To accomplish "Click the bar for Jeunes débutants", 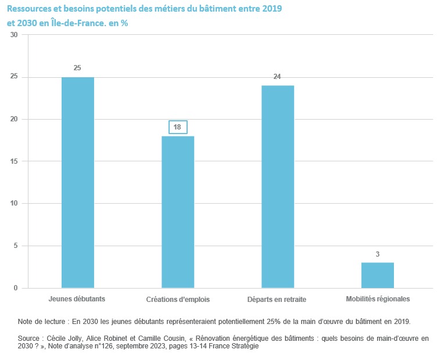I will point(77,182).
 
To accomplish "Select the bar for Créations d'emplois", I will point(178,212).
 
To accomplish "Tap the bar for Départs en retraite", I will point(278,186).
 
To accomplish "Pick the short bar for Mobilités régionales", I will point(378,275).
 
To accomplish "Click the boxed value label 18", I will point(178,127).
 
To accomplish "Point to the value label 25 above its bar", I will point(77,68).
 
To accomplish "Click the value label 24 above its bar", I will point(278,77).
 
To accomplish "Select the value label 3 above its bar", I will point(378,254).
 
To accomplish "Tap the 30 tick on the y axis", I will point(15,35).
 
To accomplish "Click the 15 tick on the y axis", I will point(15,161).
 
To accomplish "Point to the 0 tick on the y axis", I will point(16,288).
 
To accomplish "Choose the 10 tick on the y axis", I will point(15,204).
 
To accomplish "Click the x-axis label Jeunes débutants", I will point(77,299).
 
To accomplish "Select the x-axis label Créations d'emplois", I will point(178,300).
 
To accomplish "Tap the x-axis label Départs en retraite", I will point(277,300).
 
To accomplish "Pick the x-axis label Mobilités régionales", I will point(378,299).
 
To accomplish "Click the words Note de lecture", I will point(42,321).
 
